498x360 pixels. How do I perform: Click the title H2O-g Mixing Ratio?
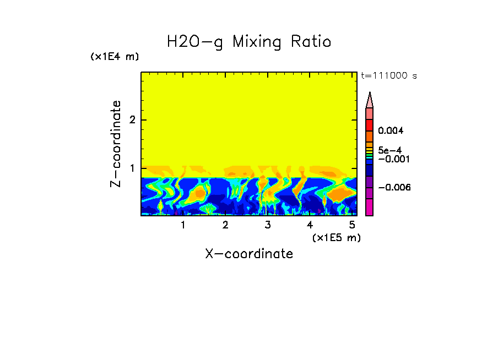249,42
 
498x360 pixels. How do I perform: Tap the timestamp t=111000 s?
388,75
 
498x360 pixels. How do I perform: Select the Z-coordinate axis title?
116,144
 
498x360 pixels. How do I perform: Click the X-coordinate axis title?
249,254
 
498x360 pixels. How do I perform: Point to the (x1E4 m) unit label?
115,57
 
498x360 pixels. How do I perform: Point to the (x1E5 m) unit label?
337,237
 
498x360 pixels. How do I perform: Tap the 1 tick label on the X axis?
183,225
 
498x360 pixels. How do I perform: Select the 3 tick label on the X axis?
267,225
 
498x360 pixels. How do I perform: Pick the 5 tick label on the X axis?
351,225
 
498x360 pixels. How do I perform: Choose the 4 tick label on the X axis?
310,225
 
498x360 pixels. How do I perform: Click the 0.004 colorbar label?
391,131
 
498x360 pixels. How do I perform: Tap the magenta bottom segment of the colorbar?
370,208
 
